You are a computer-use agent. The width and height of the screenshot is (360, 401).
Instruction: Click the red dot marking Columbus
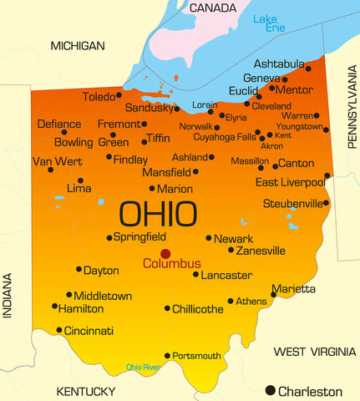tap(165, 253)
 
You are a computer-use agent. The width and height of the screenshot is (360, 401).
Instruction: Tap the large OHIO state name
tap(158, 210)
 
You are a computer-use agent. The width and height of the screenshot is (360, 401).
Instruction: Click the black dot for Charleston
tap(270, 390)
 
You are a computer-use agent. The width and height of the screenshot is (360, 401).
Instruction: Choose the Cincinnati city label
tap(89, 331)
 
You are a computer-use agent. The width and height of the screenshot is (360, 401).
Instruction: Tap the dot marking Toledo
tap(119, 95)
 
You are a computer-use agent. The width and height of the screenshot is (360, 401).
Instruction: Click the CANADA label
tap(214, 8)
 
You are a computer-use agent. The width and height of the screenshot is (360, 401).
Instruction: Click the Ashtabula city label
tap(280, 64)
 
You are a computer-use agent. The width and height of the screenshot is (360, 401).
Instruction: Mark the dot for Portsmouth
tap(167, 356)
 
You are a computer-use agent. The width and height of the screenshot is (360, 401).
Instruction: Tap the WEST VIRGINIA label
tap(308, 352)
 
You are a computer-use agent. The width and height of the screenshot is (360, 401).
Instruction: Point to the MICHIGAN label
tap(77, 45)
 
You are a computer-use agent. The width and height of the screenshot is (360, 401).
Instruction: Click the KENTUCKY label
tap(85, 391)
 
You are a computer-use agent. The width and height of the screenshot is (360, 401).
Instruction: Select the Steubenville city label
tap(292, 203)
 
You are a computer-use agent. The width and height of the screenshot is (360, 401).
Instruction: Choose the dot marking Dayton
tap(79, 269)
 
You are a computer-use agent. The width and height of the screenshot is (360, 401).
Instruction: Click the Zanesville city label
tap(261, 251)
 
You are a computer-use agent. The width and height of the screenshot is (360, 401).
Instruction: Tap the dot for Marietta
tap(273, 295)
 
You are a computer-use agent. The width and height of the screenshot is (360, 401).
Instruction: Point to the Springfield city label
tap(139, 237)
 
